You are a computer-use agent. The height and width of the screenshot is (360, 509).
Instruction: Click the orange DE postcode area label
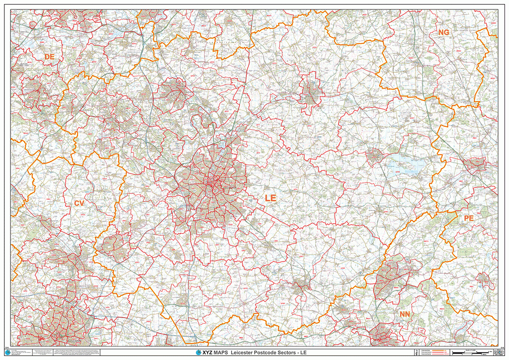click(49, 57)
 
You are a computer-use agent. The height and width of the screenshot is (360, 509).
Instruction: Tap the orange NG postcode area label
click(443, 32)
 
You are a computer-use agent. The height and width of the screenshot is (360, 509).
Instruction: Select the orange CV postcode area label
click(80, 203)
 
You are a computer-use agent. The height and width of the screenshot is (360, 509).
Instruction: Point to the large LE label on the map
click(270, 198)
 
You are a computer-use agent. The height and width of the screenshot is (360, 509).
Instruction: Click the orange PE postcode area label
click(468, 218)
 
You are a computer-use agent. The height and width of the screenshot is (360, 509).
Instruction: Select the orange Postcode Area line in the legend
click(435, 350)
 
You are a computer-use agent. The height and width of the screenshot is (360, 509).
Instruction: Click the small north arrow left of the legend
click(417, 352)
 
